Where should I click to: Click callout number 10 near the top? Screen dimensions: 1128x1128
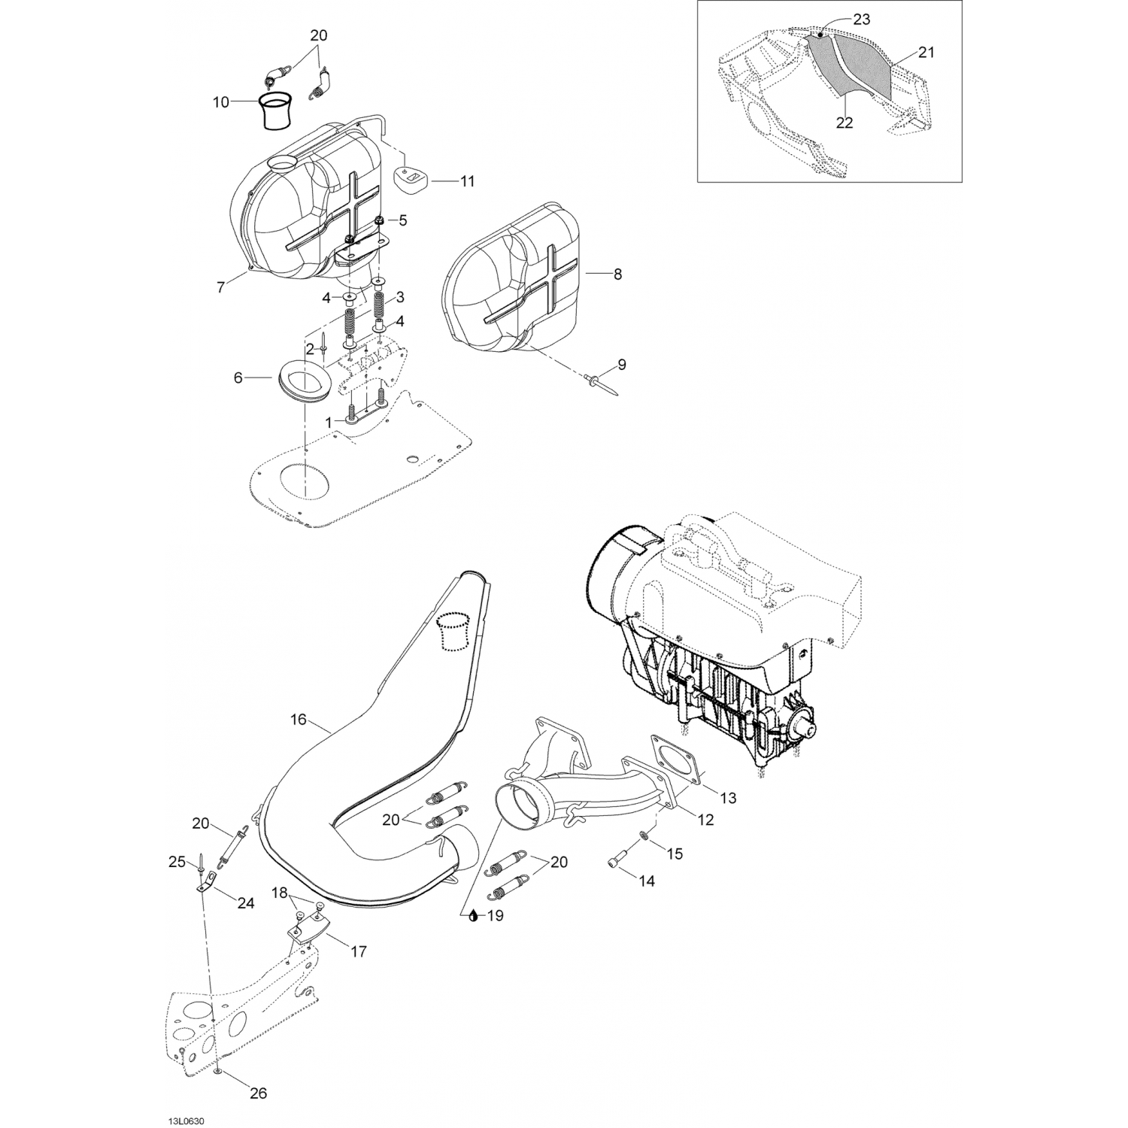pos(220,102)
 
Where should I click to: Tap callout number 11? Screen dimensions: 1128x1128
pos(468,181)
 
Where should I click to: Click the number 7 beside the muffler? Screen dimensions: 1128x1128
pos(220,287)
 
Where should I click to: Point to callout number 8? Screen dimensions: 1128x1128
pos(617,274)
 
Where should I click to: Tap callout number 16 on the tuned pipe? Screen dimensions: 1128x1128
pos(298,720)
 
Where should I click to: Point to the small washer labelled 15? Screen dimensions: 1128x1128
pos(644,837)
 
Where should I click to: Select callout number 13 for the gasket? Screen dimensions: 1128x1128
pos(727,797)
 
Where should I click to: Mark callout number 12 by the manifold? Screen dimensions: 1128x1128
pos(705,820)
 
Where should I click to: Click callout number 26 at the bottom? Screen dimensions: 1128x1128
pos(258,1093)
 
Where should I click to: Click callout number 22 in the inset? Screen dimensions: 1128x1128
pos(844,123)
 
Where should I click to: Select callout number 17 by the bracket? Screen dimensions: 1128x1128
pos(358,951)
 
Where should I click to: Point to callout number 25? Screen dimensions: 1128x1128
pos(177,862)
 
